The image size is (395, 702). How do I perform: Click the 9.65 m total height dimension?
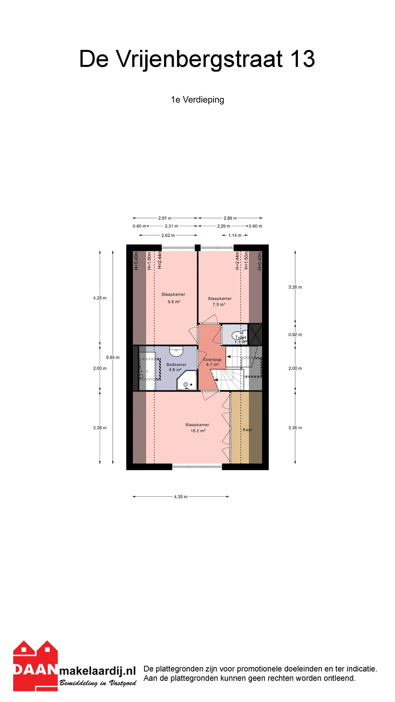coord(113,357)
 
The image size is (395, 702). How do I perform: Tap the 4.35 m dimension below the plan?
coord(180,497)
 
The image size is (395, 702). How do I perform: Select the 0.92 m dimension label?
coord(295,335)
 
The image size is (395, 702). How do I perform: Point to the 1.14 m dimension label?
coord(235,235)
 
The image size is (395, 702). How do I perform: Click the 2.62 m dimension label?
coord(168,235)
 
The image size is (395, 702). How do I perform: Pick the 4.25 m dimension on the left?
coord(100,298)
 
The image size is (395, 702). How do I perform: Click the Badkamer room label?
coord(176,364)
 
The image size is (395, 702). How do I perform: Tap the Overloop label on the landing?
coord(212,360)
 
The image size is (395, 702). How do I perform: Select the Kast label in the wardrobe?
coord(247,430)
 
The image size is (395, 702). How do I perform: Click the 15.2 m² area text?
coord(198,431)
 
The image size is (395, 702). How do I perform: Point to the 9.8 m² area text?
coord(174,302)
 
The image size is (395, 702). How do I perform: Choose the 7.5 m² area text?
coord(219,304)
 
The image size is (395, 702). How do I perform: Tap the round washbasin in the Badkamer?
coord(176,351)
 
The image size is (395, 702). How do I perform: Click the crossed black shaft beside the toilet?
coord(255,334)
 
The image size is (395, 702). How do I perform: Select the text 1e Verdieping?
coord(198,100)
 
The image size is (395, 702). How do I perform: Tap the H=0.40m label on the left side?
coord(136,261)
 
